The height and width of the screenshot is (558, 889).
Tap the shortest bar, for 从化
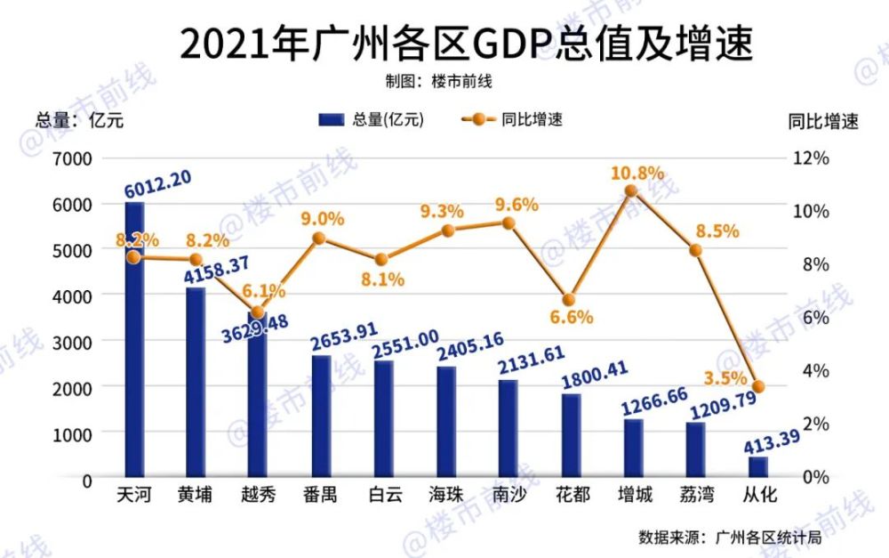pyautogui.click(x=757, y=467)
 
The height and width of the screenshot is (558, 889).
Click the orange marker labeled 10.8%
pyautogui.click(x=631, y=190)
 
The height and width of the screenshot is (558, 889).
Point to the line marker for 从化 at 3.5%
pyautogui.click(x=758, y=386)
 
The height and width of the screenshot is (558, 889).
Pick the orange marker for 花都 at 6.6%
pyautogui.click(x=570, y=300)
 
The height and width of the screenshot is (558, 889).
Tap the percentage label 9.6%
pyautogui.click(x=516, y=205)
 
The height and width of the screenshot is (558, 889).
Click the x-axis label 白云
pyautogui.click(x=383, y=495)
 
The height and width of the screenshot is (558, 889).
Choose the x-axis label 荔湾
pyautogui.click(x=694, y=495)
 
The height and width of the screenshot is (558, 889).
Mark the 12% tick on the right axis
pyautogui.click(x=810, y=158)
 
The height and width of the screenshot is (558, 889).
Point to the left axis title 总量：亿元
pyautogui.click(x=79, y=121)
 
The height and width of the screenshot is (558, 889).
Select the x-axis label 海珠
pyautogui.click(x=445, y=495)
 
